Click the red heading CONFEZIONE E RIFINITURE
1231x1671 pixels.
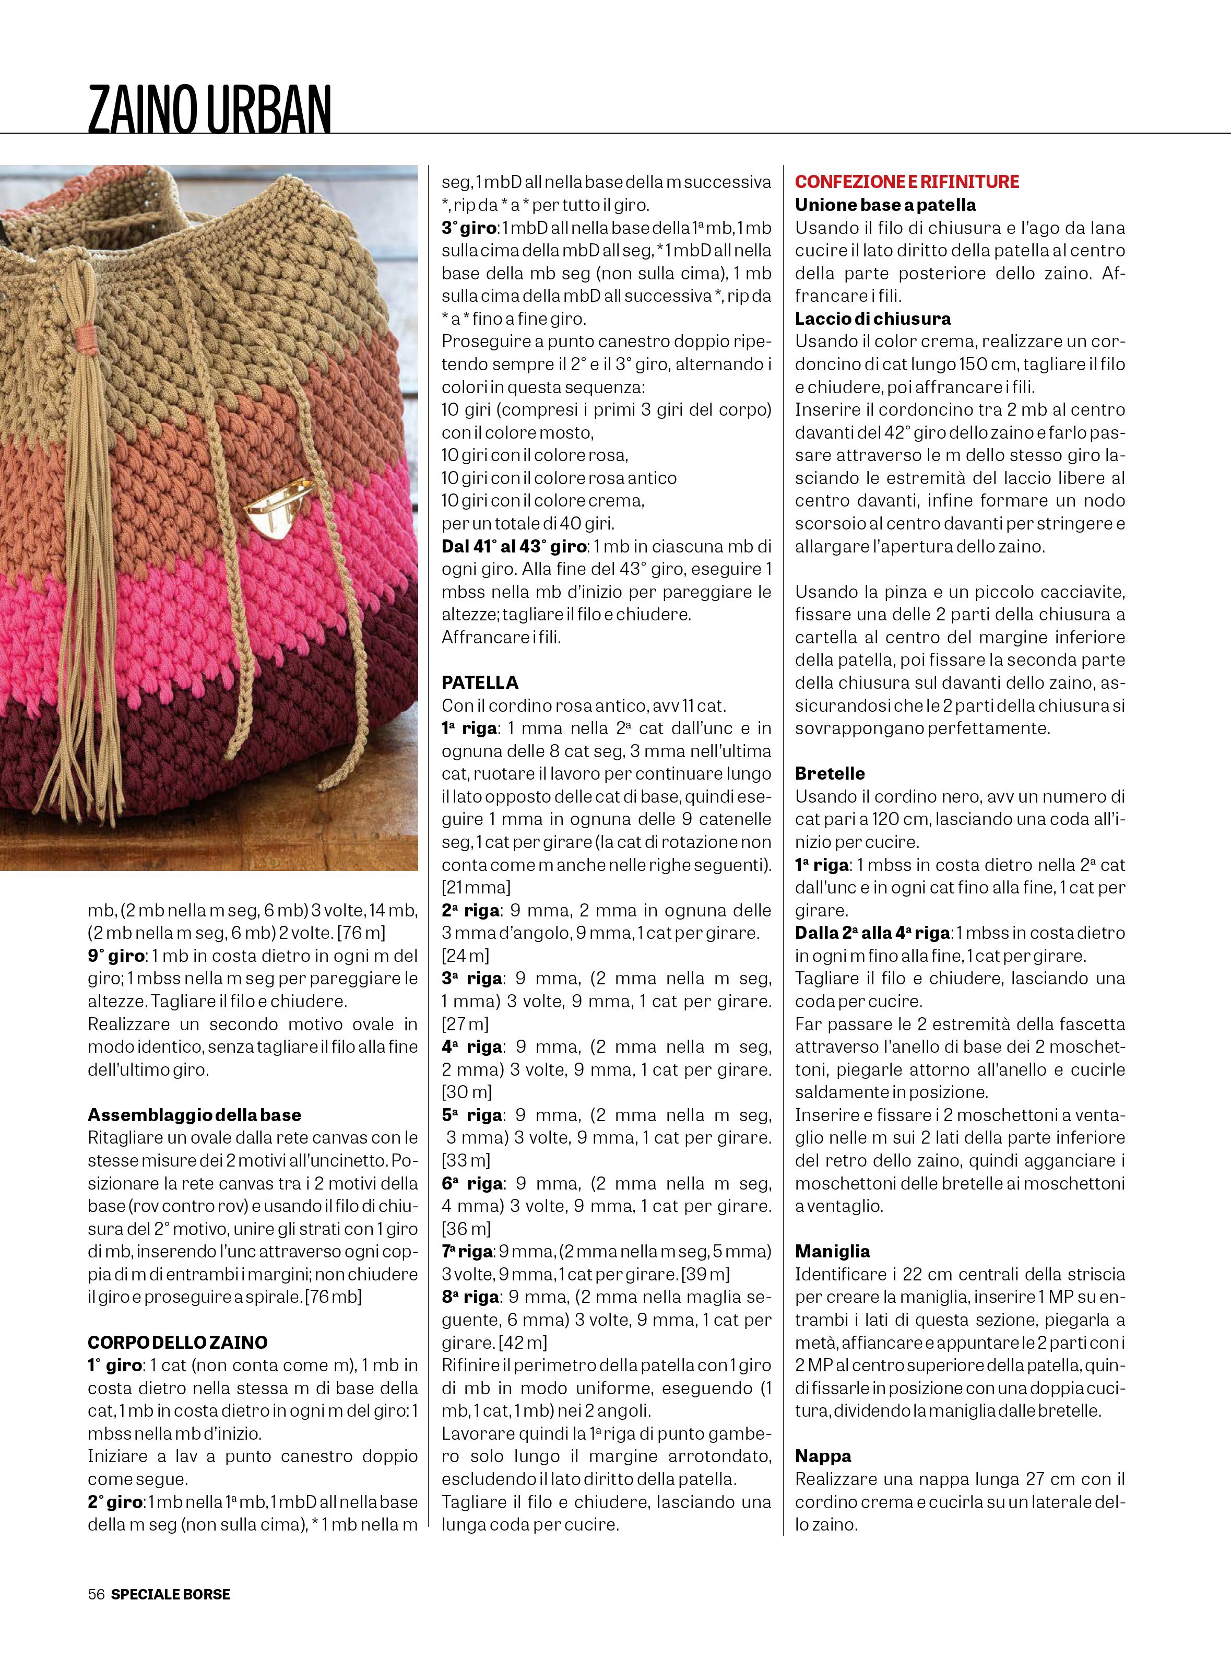click(x=907, y=182)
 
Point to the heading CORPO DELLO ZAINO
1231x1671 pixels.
click(x=177, y=1343)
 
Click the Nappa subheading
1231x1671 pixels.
click(x=823, y=1456)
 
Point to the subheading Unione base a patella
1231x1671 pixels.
click(x=885, y=205)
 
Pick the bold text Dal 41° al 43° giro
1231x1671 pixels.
click(x=515, y=546)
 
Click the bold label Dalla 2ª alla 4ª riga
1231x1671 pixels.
click(x=872, y=933)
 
